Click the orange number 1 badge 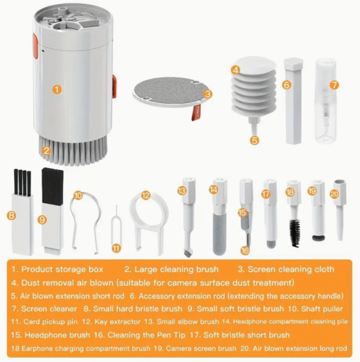click(x=56, y=90)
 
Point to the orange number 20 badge click(x=334, y=194)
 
